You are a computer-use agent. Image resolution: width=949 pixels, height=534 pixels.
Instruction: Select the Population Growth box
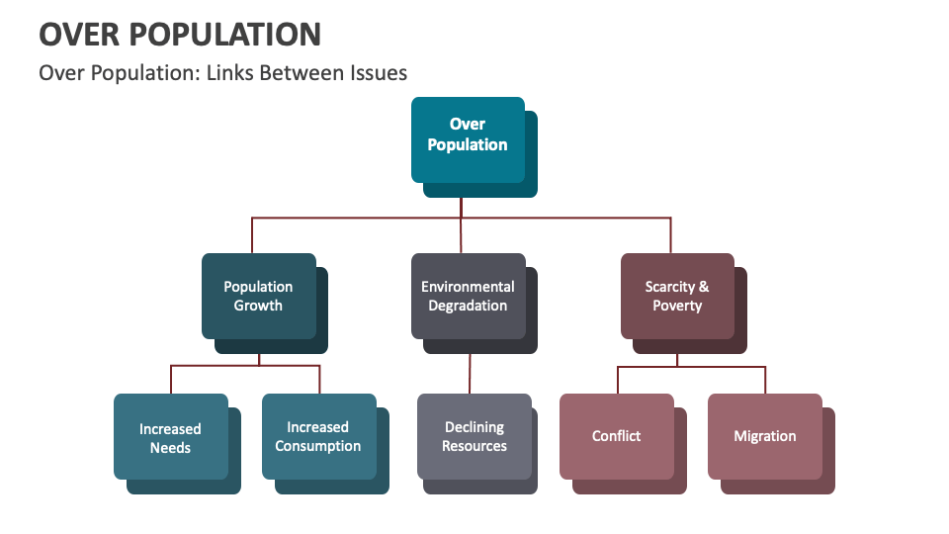click(259, 296)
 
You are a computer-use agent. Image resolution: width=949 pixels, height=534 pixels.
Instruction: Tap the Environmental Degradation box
click(469, 296)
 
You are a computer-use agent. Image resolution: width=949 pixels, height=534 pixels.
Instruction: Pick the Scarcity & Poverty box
click(677, 296)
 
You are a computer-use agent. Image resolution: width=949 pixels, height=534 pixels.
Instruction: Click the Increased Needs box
click(170, 437)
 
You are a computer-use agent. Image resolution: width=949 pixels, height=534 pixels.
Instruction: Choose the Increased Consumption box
click(318, 436)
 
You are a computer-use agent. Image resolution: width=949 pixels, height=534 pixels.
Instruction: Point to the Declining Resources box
click(474, 436)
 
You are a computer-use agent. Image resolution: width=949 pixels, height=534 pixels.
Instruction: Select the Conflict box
click(617, 436)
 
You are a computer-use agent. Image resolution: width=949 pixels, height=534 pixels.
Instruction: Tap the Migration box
click(765, 436)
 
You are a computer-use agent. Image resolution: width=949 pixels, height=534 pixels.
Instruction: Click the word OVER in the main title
click(80, 35)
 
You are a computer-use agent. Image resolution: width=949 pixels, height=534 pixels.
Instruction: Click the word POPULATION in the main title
click(226, 35)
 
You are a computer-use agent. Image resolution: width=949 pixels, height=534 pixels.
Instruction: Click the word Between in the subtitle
click(302, 73)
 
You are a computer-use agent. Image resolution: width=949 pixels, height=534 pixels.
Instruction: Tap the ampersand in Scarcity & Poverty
click(704, 287)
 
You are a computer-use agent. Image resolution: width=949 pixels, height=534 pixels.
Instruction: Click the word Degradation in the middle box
click(469, 306)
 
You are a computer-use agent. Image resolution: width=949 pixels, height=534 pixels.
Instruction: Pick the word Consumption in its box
click(318, 446)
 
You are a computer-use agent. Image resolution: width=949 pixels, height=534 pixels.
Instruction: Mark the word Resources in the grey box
click(474, 446)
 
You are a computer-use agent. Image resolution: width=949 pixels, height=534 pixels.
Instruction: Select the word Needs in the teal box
click(170, 448)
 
